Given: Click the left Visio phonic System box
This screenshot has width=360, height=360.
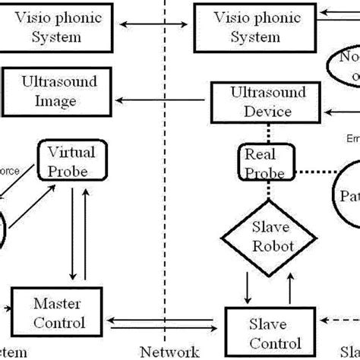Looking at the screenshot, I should [60, 27].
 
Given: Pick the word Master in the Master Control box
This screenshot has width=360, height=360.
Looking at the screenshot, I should [57, 304].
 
